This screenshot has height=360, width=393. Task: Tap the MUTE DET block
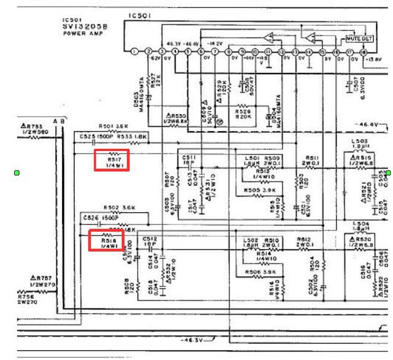359,38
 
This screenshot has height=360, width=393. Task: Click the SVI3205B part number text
85,26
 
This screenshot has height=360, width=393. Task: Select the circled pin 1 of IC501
134,52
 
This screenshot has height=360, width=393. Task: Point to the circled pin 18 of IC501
363,52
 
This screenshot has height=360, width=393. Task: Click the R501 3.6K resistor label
112,127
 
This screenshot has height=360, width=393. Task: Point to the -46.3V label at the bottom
193,339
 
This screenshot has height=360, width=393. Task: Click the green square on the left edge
17,174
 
